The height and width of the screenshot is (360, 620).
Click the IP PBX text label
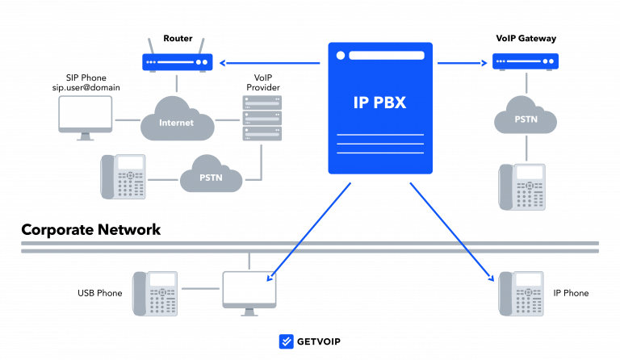click(379, 103)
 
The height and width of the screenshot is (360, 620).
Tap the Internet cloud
click(177, 121)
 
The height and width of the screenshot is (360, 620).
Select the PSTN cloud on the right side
click(526, 117)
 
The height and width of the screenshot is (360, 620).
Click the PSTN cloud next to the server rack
click(211, 175)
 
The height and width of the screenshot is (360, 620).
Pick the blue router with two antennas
click(178, 62)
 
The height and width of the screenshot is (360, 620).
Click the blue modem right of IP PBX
click(526, 61)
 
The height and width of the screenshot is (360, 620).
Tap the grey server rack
click(262, 118)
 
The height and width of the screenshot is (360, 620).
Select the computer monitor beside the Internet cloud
click(86, 115)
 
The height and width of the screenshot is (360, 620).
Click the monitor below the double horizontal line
click(249, 290)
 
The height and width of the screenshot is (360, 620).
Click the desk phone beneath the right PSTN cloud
click(522, 186)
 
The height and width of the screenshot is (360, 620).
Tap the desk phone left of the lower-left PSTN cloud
click(124, 176)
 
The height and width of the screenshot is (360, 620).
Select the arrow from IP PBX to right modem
click(462, 62)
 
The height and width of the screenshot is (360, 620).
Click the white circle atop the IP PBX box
click(341, 56)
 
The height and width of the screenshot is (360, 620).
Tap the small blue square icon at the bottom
click(286, 341)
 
